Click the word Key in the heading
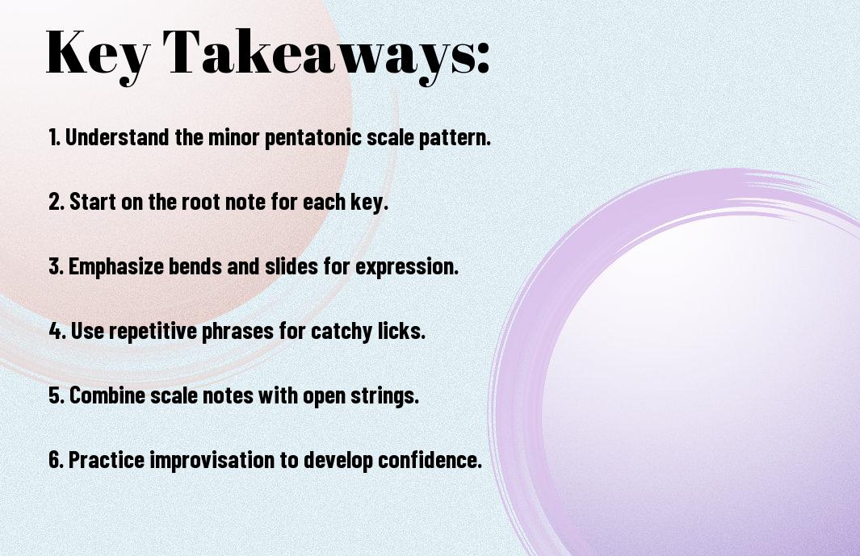[98, 56]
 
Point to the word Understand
[117, 136]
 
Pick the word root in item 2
[199, 202]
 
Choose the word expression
[406, 267]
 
